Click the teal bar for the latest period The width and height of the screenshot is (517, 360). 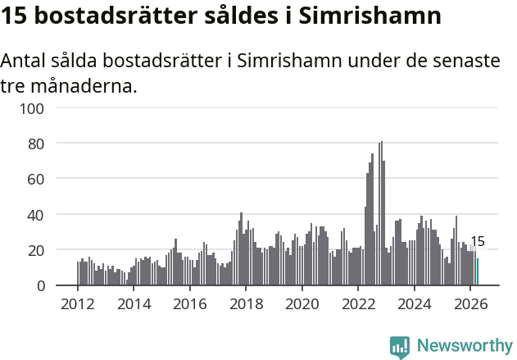(x=478, y=271)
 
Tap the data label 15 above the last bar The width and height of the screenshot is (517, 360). (x=478, y=242)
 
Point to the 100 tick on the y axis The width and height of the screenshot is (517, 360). (x=32, y=109)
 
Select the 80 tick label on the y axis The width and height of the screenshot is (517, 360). (x=36, y=144)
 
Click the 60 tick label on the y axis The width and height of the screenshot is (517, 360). (x=36, y=180)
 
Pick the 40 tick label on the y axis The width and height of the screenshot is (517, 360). (x=36, y=216)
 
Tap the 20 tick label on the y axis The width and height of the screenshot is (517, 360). (x=36, y=251)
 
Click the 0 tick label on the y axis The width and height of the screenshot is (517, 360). (x=40, y=286)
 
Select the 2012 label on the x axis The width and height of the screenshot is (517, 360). (x=78, y=304)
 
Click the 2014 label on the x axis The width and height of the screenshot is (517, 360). (x=134, y=304)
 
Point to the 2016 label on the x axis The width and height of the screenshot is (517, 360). (x=190, y=304)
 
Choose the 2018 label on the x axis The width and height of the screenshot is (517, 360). (x=246, y=304)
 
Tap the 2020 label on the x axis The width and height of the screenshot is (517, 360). (x=302, y=304)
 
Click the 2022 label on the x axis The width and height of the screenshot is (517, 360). (x=358, y=304)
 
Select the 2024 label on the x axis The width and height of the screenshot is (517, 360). (x=415, y=304)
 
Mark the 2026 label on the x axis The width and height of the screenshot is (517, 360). (x=470, y=304)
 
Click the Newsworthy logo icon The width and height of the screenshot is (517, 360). (x=400, y=348)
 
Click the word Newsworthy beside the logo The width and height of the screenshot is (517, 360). (x=465, y=345)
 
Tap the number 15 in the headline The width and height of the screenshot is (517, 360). (x=13, y=16)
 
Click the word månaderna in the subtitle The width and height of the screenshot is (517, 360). (x=84, y=86)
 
